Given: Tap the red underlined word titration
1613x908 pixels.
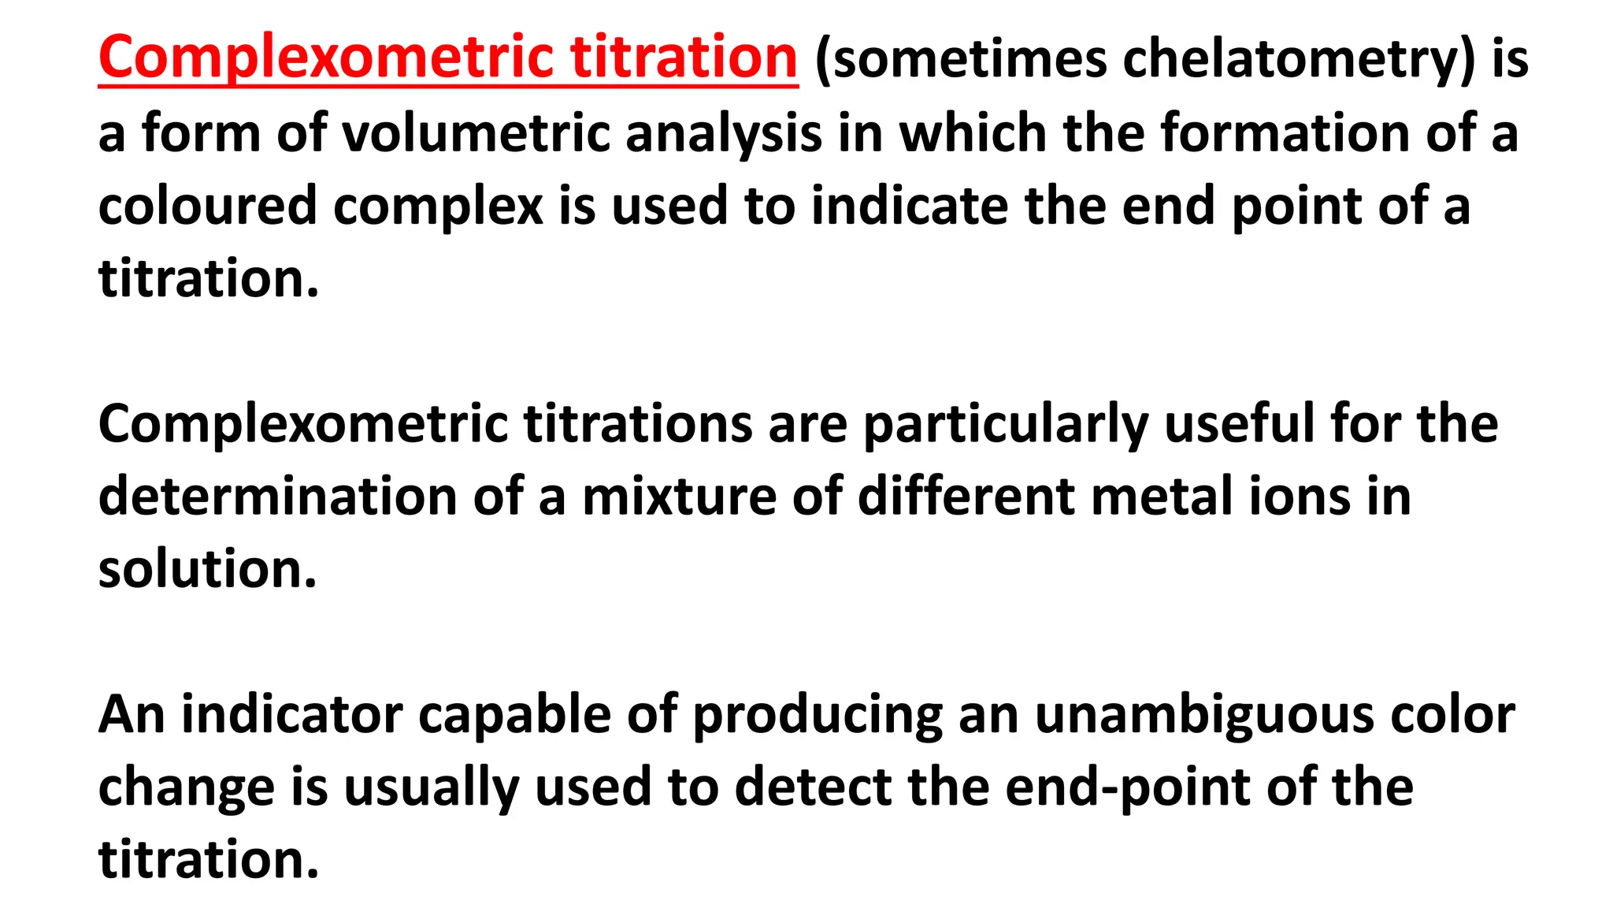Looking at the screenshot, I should [x=684, y=58].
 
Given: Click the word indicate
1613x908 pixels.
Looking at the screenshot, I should [x=910, y=206].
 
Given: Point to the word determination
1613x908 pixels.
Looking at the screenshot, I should [x=278, y=497].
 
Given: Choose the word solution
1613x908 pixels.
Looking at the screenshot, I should [x=207, y=569].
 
